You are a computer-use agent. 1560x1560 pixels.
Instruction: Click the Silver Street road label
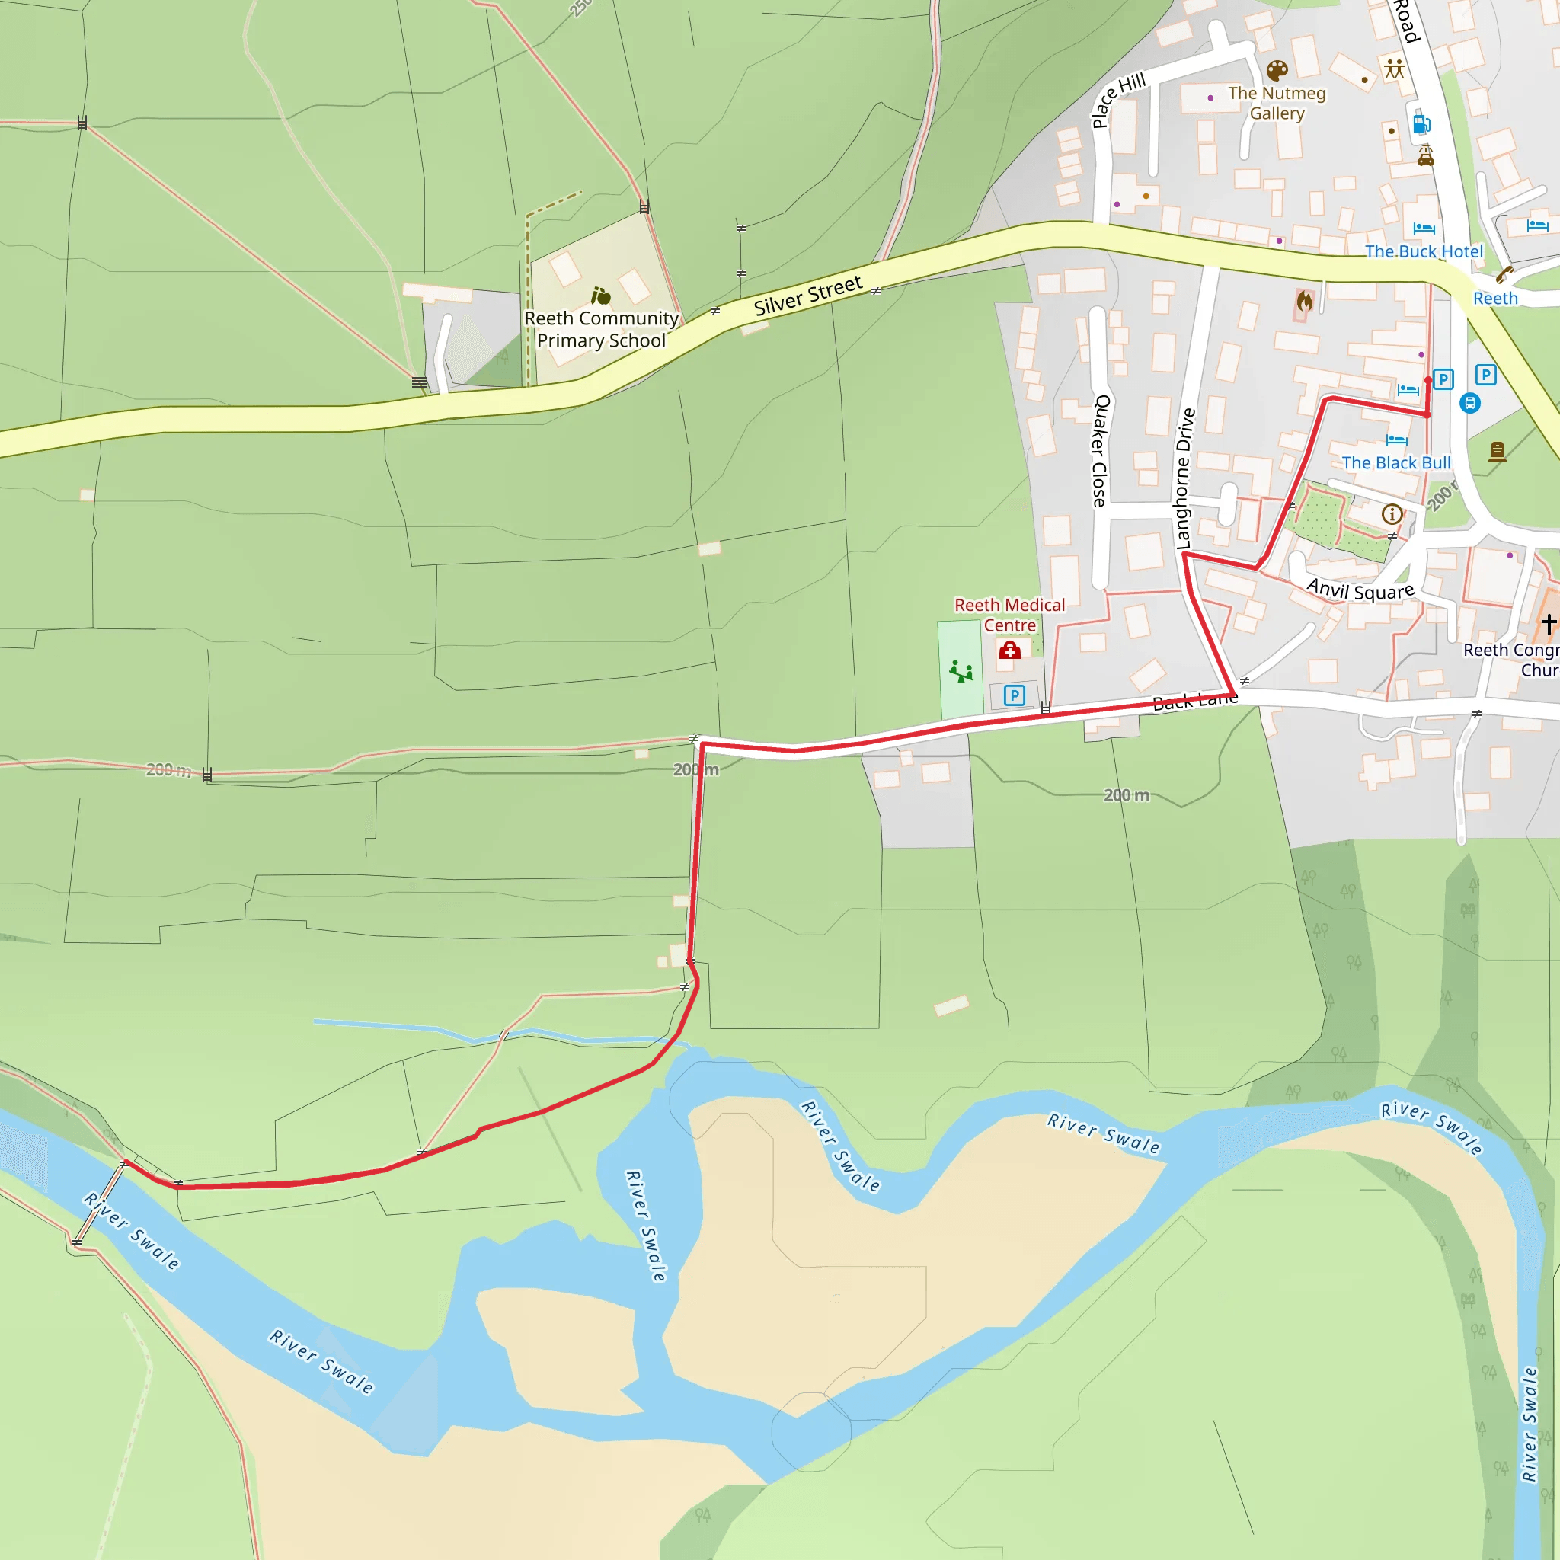(x=807, y=296)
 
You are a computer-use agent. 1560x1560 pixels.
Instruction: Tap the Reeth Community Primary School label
(x=602, y=329)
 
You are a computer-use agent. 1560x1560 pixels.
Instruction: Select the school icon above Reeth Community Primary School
(x=601, y=296)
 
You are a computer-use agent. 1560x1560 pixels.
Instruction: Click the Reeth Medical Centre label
(x=1009, y=615)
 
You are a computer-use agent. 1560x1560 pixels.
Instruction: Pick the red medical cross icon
(x=1009, y=650)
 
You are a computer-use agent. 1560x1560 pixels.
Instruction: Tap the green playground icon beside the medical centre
(x=961, y=670)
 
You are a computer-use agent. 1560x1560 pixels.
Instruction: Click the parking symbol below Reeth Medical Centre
(x=1014, y=695)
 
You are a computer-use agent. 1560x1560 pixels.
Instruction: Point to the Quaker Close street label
(x=1101, y=451)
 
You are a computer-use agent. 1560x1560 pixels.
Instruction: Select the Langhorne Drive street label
(x=1184, y=479)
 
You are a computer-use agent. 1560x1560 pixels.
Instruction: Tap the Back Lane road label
(x=1195, y=700)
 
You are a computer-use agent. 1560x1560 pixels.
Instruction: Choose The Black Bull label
(x=1396, y=462)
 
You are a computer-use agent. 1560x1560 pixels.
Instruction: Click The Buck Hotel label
(x=1424, y=251)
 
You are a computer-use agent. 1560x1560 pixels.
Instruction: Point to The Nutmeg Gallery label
(x=1277, y=104)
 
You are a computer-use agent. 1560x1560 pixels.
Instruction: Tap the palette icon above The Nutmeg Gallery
(x=1277, y=71)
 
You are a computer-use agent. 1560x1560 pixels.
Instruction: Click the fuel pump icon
(x=1421, y=123)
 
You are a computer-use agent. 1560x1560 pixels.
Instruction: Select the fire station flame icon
(x=1304, y=302)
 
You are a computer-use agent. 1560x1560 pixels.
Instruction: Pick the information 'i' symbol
(x=1391, y=513)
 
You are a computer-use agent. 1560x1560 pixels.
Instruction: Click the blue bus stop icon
(x=1470, y=403)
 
